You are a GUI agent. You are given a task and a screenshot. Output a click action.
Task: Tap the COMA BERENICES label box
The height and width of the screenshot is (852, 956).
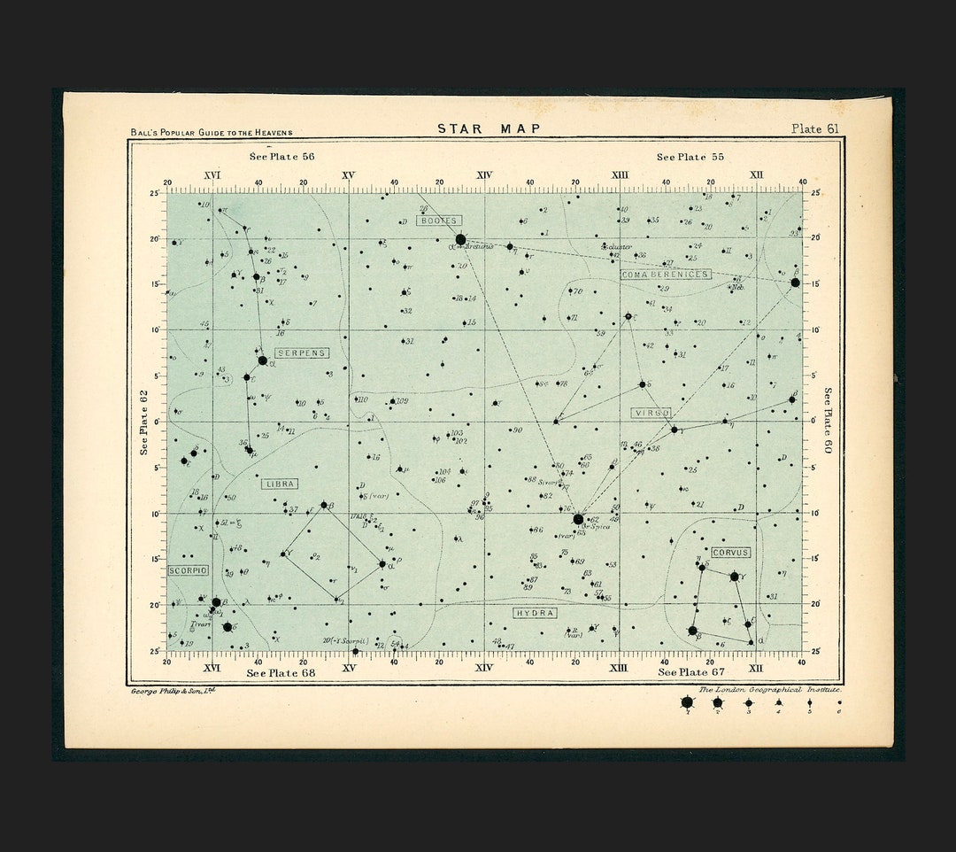665,275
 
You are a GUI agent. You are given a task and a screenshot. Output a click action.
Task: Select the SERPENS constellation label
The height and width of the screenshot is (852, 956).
302,352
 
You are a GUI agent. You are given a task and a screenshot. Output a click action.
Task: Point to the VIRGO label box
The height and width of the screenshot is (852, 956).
651,413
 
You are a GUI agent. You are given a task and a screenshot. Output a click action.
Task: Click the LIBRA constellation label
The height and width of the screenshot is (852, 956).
279,484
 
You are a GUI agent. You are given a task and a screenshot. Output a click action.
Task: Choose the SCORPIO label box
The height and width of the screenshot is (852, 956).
188,570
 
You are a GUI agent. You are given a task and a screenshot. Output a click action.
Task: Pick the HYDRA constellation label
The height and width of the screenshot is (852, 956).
535,613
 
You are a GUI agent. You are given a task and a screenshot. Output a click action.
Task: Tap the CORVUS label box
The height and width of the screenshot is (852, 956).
730,553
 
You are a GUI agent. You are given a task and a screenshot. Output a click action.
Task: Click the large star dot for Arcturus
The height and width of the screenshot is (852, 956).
460,239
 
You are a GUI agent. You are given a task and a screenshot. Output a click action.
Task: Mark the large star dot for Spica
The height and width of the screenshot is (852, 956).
578,519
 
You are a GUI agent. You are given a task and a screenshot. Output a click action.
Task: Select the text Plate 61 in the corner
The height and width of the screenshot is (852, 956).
814,128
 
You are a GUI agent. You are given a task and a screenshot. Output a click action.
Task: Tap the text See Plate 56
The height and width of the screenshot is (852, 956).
281,157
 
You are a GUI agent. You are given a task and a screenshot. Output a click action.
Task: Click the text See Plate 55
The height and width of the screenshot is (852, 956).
690,157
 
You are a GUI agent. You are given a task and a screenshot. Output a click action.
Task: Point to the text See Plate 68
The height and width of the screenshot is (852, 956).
280,673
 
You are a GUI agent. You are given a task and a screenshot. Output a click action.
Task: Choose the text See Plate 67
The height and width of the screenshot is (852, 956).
690,673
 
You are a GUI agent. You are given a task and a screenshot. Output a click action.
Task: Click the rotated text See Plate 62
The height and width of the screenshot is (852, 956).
144,422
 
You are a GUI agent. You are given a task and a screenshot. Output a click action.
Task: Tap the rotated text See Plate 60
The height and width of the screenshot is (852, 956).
828,421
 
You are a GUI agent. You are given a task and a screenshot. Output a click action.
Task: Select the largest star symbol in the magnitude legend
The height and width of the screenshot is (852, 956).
687,702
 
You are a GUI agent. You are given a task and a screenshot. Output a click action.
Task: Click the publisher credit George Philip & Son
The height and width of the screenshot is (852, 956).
173,690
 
